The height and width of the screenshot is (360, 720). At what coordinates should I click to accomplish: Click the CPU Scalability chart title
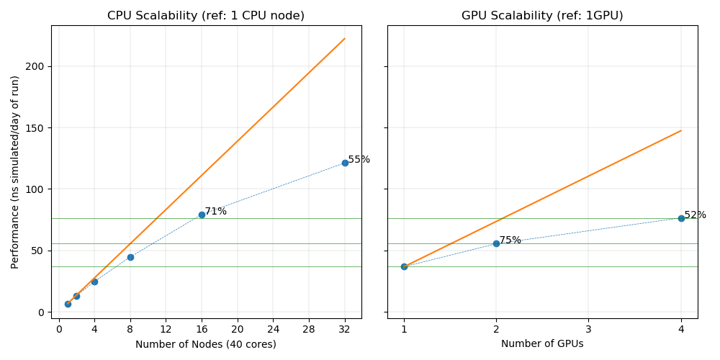coord(206,16)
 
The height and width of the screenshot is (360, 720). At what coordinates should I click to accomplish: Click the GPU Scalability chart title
coord(542,16)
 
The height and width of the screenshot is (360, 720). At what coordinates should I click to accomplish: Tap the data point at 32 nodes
coord(345,163)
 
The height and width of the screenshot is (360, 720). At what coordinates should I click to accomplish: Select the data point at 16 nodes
coord(202,215)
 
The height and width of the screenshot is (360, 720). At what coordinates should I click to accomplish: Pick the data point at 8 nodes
coord(130,257)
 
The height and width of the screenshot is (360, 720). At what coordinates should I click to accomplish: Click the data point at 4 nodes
coord(94,282)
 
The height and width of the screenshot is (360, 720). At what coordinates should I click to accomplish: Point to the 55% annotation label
coord(359,160)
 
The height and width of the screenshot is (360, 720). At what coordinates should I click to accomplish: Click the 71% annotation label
coord(215,212)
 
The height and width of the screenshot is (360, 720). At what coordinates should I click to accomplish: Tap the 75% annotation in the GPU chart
coord(510,240)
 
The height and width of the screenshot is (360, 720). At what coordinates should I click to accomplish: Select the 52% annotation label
coord(695,215)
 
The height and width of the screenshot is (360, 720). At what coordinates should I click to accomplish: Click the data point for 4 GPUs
coord(681,218)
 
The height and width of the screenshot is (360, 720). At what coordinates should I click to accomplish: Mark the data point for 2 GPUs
coord(496,243)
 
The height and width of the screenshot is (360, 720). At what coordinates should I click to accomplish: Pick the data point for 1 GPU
coord(404,266)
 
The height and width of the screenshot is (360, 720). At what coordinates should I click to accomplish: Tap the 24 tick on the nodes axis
coord(273,329)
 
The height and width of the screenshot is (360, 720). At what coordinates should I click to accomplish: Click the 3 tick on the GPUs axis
coord(588,329)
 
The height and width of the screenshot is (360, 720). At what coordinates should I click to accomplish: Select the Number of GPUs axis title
coord(542,344)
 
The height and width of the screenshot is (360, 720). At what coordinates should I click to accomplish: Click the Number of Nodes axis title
coord(206,344)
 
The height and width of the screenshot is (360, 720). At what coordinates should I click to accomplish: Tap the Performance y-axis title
coord(15,172)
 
